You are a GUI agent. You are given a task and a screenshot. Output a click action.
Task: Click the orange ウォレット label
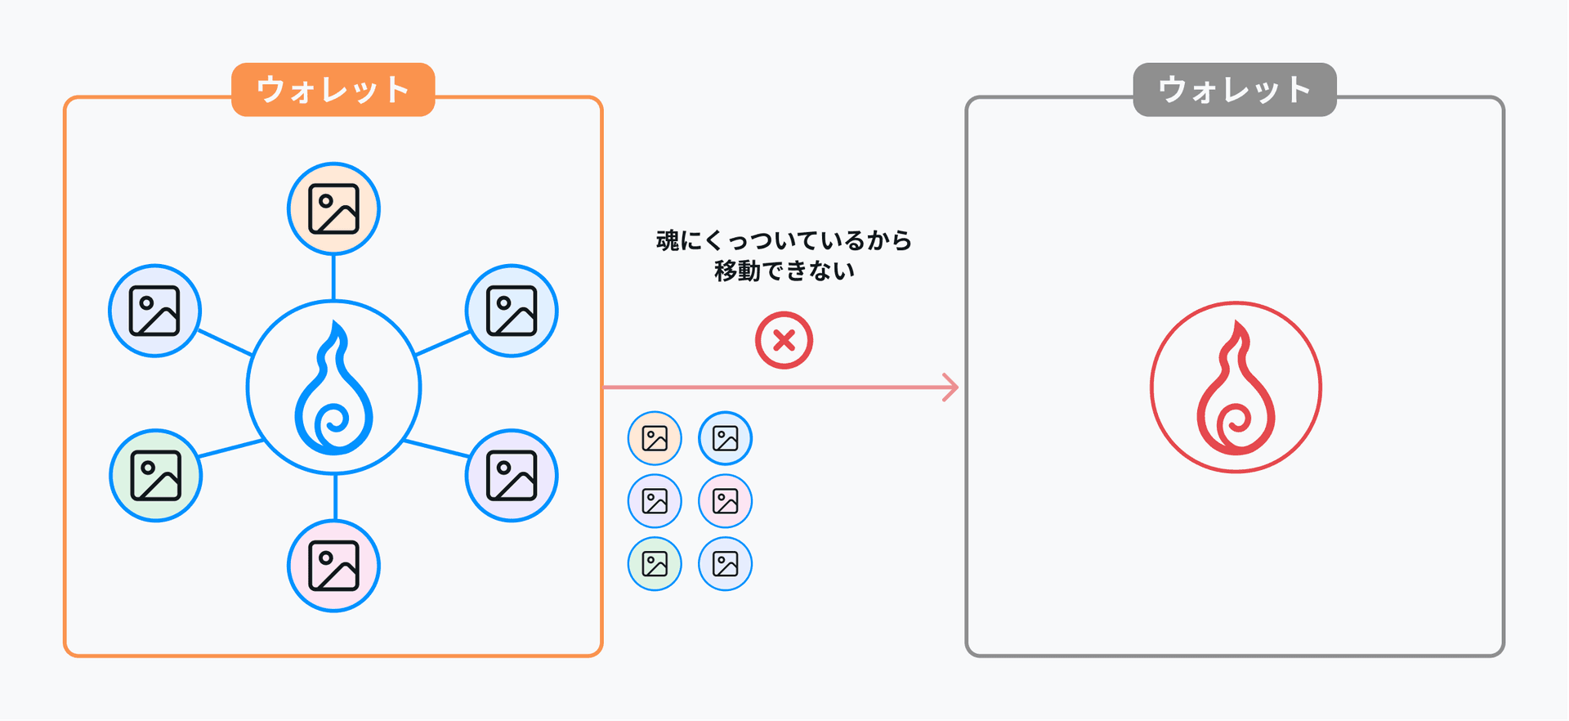click(x=333, y=90)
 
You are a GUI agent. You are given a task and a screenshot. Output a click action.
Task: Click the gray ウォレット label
click(x=1234, y=90)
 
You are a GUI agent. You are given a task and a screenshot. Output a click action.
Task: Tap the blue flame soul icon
click(x=333, y=387)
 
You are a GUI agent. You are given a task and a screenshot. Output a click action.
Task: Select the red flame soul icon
click(x=1236, y=387)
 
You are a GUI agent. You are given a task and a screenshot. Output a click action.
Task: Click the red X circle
click(x=784, y=340)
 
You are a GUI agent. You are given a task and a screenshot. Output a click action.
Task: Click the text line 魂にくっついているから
click(x=784, y=240)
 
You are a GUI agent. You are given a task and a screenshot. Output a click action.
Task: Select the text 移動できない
click(x=784, y=271)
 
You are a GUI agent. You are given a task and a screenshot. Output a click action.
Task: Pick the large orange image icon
click(x=333, y=209)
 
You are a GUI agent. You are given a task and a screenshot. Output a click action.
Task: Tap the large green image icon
click(x=155, y=476)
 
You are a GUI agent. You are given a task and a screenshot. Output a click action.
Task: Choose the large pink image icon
click(x=333, y=566)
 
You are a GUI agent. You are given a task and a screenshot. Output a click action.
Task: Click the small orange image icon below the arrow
click(x=655, y=438)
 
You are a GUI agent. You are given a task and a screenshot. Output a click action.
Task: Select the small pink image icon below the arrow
click(x=725, y=501)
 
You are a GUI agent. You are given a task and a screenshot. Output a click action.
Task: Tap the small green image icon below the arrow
click(x=655, y=564)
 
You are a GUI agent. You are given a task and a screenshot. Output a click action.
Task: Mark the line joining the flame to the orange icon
click(x=333, y=277)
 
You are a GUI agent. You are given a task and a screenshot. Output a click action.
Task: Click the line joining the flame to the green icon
click(x=230, y=449)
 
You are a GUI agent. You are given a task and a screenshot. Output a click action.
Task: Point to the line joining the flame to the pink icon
click(x=335, y=497)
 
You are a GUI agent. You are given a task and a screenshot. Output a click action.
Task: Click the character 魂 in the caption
click(x=668, y=240)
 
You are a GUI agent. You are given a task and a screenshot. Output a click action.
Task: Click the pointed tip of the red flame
click(x=1239, y=325)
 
